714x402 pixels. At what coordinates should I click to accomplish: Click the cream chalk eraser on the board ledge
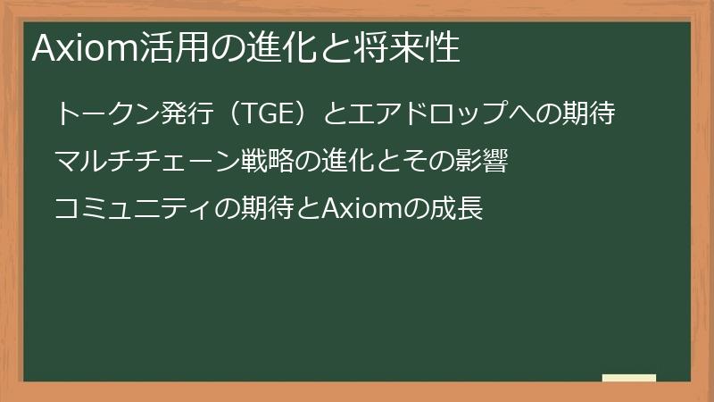click(629, 378)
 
